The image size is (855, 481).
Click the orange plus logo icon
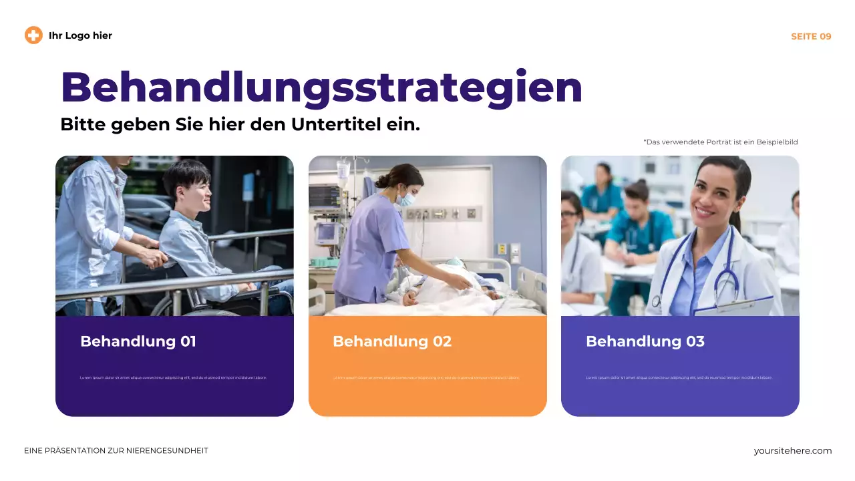(x=33, y=35)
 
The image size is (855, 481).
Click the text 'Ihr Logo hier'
(x=80, y=35)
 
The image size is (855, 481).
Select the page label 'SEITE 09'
(x=811, y=36)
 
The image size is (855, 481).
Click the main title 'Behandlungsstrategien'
(x=321, y=87)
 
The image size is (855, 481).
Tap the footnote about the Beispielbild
(x=721, y=142)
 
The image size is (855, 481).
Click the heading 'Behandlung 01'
(x=138, y=341)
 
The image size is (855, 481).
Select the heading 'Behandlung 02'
(x=392, y=341)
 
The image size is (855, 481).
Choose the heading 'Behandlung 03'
(x=645, y=341)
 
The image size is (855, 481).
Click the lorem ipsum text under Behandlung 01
(x=173, y=377)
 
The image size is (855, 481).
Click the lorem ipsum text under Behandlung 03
(x=679, y=377)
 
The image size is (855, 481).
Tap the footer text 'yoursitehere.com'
(x=793, y=451)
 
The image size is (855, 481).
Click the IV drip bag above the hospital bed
(x=343, y=171)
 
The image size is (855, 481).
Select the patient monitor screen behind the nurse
(x=325, y=195)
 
